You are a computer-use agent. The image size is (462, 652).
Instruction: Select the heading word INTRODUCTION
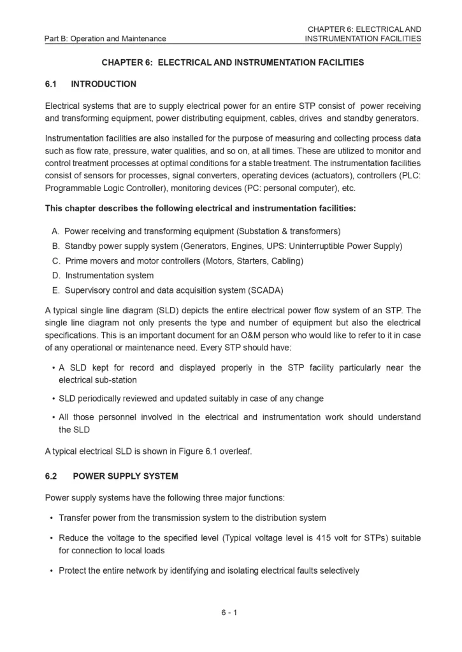103,84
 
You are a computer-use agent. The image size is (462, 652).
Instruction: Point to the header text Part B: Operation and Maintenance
105,39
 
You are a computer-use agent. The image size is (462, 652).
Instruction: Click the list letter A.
55,231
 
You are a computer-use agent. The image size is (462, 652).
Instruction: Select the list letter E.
55,290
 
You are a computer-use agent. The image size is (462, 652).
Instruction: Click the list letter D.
55,276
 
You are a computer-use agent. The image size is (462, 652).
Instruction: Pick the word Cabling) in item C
287,261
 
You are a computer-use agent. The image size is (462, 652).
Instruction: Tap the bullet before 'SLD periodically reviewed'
52,399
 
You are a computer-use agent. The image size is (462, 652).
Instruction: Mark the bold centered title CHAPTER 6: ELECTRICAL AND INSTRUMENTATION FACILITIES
233,63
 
